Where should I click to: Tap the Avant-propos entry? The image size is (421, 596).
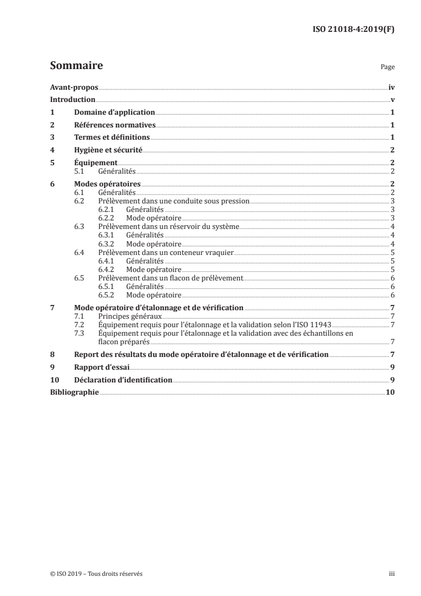(74, 88)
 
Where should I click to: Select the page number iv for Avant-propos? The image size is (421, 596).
(391, 88)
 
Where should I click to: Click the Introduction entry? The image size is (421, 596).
(73, 100)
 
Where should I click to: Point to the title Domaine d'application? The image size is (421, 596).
(114, 113)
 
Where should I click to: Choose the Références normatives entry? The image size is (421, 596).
(114, 125)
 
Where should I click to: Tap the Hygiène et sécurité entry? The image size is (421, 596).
(108, 150)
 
